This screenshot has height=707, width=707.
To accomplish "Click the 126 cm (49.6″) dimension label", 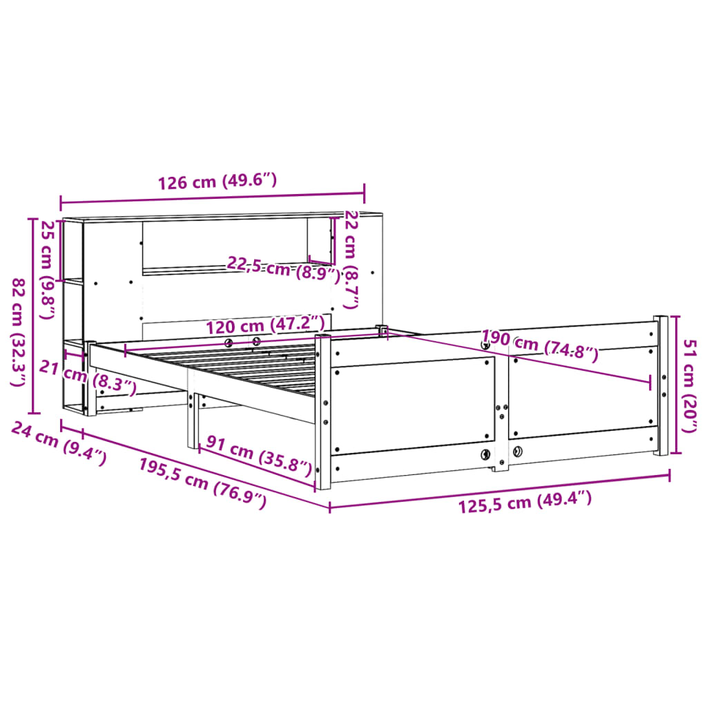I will (217, 182).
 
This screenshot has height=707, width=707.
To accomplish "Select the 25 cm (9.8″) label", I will (48, 270).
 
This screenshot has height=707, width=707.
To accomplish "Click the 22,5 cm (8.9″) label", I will (284, 269).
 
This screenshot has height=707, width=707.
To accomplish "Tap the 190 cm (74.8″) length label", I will (539, 346).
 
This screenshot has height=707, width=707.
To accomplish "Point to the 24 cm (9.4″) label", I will (59, 443).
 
